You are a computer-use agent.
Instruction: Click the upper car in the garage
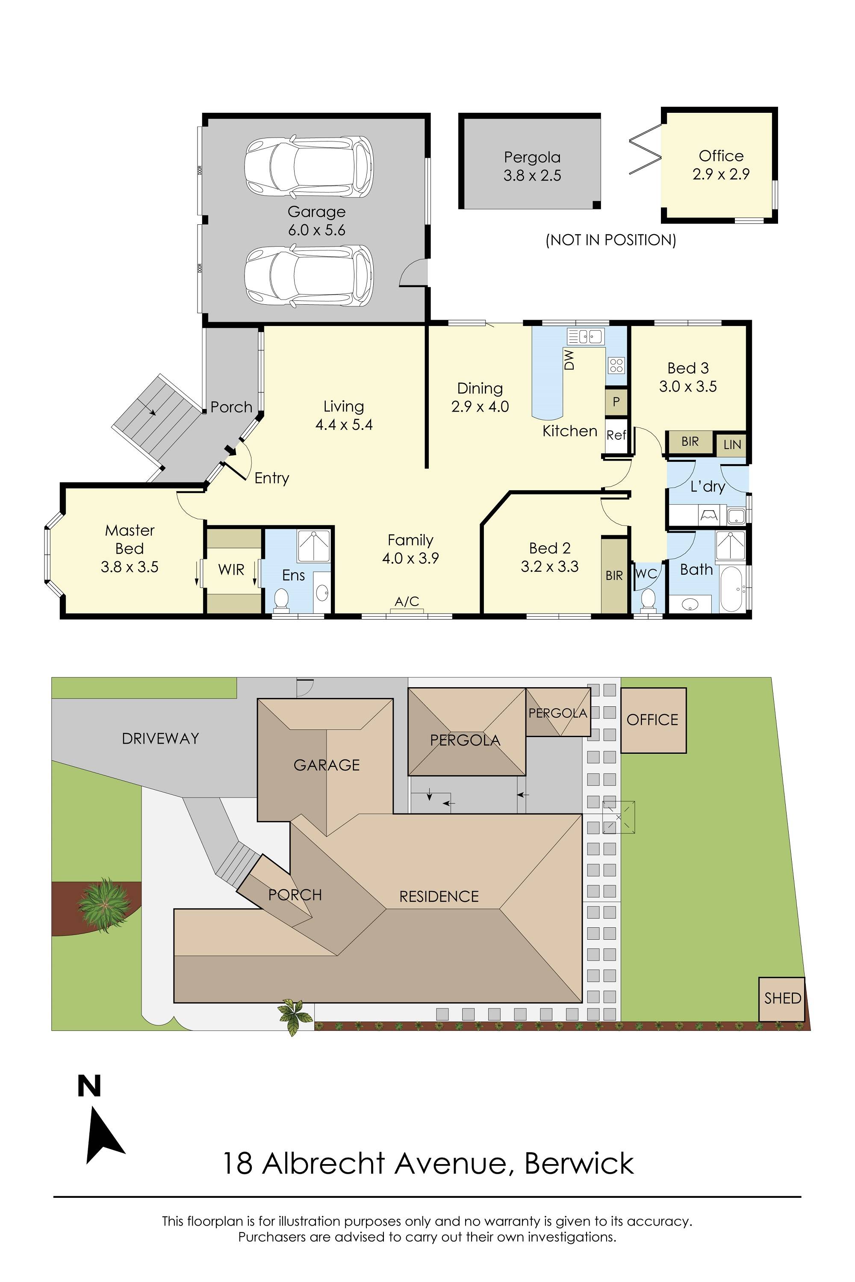click(x=309, y=166)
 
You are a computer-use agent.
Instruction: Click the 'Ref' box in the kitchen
click(x=616, y=435)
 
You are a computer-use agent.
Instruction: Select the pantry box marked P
click(x=616, y=402)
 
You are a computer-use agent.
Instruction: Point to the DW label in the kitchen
click(x=569, y=360)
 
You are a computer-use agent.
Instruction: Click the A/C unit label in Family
click(x=407, y=602)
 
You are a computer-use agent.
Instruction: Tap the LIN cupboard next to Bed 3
click(x=732, y=445)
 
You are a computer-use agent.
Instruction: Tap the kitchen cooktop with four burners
click(x=616, y=365)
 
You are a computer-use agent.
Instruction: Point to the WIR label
click(x=231, y=570)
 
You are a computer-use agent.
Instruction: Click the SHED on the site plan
click(x=782, y=999)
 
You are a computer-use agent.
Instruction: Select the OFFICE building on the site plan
click(x=653, y=720)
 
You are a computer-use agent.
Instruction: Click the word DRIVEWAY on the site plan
click(x=160, y=738)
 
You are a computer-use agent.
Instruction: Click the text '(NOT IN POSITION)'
click(x=611, y=240)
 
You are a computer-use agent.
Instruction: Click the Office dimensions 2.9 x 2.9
click(x=721, y=174)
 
